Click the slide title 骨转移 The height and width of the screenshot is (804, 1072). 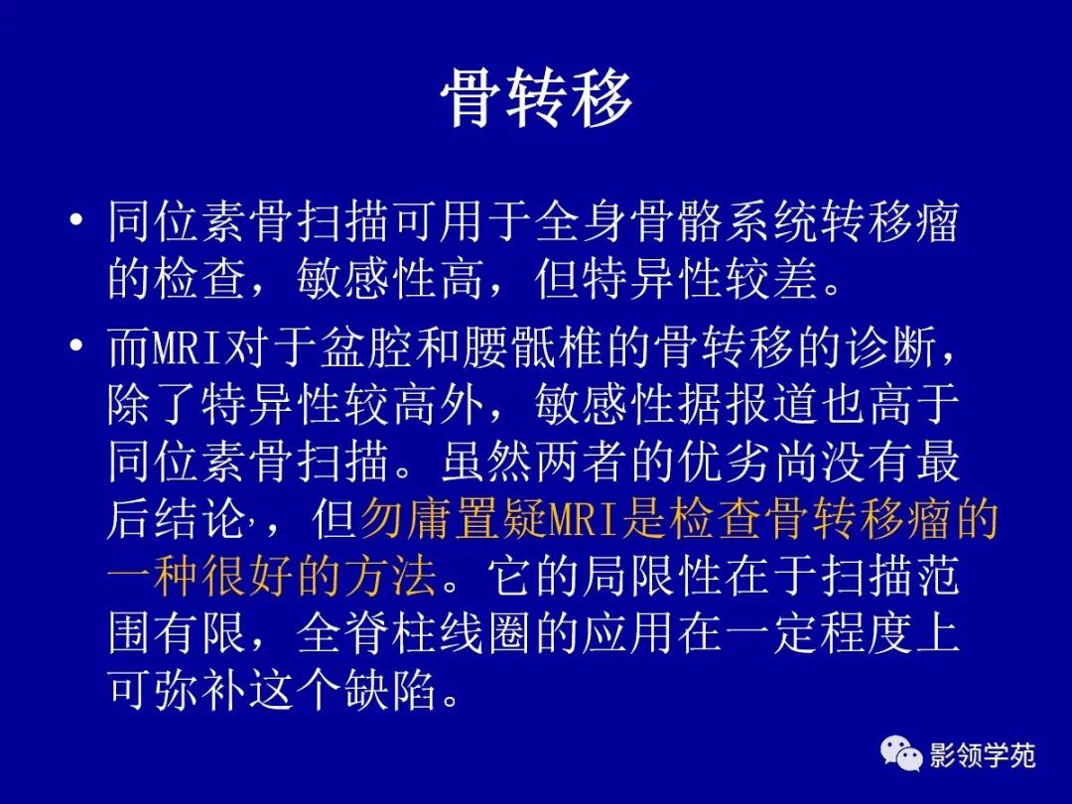coord(536,99)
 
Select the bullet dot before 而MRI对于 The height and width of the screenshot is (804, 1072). coord(76,347)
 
